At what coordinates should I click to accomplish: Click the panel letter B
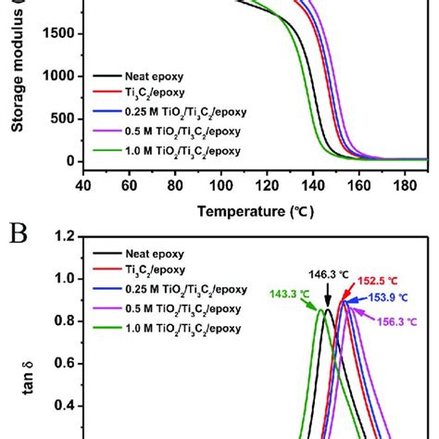click(16, 226)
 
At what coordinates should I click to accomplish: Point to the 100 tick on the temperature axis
click(220, 183)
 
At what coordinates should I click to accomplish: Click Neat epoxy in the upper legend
click(141, 75)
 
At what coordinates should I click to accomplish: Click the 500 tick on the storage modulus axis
click(60, 119)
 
